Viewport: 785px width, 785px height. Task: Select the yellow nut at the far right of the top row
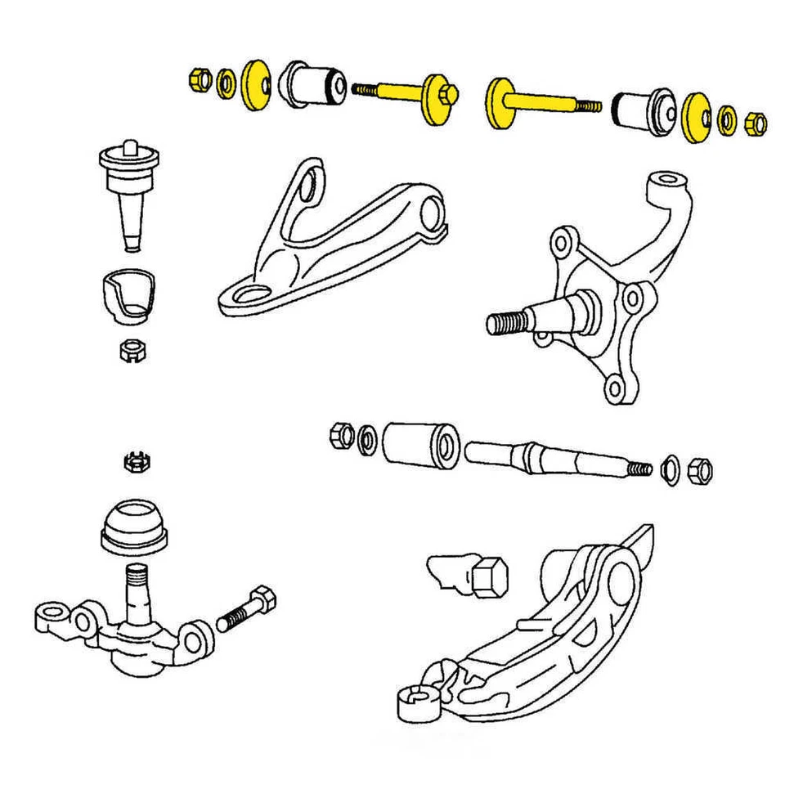point(756,124)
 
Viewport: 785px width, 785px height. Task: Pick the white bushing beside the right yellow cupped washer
point(644,111)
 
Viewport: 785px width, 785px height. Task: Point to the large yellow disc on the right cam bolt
point(496,105)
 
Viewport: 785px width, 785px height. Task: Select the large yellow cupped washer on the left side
point(258,84)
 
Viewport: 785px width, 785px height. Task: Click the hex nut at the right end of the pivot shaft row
point(700,470)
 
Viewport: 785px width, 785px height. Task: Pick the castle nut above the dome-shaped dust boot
point(134,461)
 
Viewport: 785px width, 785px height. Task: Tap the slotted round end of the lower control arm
point(415,699)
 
